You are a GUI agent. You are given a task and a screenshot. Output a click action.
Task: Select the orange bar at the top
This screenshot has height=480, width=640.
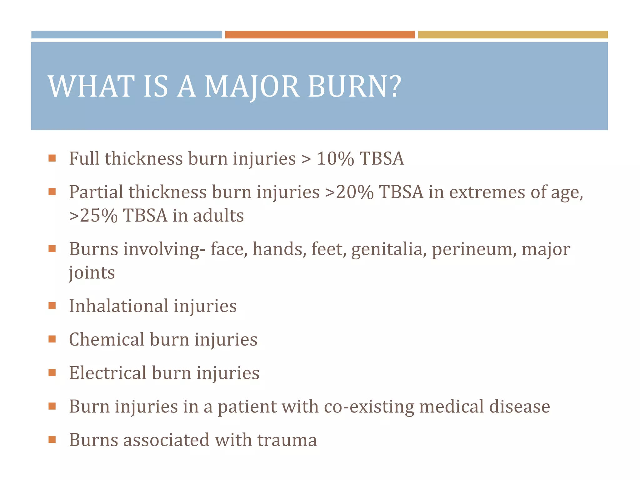pos(320,35)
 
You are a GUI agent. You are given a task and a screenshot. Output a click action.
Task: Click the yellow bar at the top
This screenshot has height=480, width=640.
pos(513,35)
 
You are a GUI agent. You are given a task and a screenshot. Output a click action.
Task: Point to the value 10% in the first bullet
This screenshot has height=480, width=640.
pos(335,158)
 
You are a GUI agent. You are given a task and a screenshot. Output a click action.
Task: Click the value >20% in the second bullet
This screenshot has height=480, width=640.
pos(349,192)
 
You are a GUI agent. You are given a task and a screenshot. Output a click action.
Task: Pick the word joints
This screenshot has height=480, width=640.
pos(92,273)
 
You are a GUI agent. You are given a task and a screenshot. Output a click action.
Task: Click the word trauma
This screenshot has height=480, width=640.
pos(287,440)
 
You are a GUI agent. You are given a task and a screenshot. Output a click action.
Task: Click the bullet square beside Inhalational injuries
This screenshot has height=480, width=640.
pos(52,306)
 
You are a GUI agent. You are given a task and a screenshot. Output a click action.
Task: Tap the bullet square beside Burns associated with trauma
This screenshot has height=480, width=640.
pos(52,440)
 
